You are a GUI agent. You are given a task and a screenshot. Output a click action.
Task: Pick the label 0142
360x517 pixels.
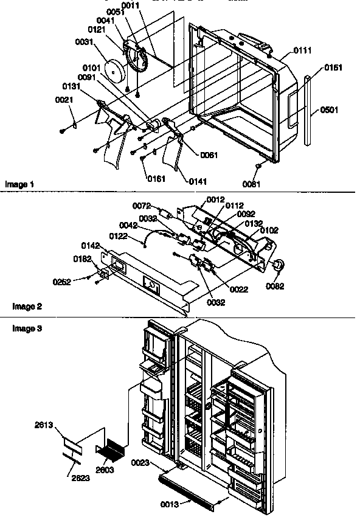click(90, 246)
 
